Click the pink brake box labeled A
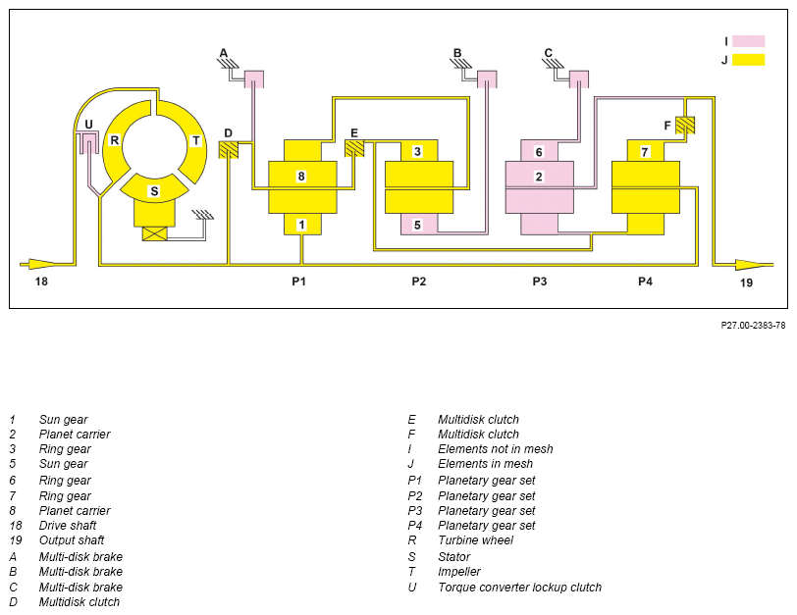253,79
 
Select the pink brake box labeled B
487,79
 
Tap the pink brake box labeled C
578,79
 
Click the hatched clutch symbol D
229,149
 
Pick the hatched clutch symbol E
354,148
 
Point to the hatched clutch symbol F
685,126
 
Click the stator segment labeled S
154,188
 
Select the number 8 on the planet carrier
301,177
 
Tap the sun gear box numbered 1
302,225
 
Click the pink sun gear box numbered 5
419,225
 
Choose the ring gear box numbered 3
419,151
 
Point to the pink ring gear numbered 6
539,151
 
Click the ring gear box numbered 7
646,151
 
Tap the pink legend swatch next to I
749,41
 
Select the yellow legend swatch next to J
749,60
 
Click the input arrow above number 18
38,265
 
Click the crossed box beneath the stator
154,233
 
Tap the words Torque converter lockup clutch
519,588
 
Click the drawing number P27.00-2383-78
753,325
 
